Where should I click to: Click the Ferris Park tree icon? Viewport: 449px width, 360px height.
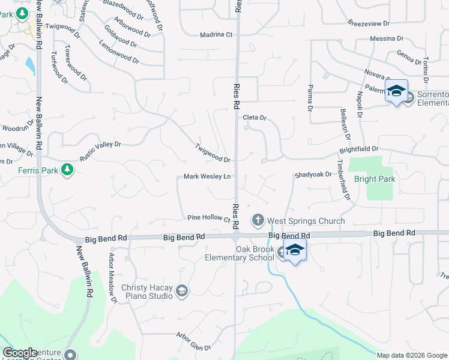click(x=67, y=170)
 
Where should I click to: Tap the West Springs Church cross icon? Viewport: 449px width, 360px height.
click(x=258, y=220)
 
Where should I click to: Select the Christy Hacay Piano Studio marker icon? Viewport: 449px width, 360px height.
click(x=181, y=292)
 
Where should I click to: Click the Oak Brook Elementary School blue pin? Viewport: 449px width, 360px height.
click(x=295, y=251)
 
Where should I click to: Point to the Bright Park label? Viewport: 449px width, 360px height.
click(x=375, y=179)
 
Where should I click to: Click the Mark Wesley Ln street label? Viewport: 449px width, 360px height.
click(x=207, y=176)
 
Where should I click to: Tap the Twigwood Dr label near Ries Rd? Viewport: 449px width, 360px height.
click(x=212, y=154)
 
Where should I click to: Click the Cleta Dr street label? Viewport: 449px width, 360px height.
click(x=254, y=118)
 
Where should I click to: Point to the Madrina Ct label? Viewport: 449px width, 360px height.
click(x=216, y=35)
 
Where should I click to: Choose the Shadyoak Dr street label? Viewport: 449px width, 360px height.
click(x=313, y=175)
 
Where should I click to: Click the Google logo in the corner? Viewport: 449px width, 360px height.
click(x=20, y=353)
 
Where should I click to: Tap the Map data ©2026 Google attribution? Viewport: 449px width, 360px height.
click(x=411, y=355)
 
